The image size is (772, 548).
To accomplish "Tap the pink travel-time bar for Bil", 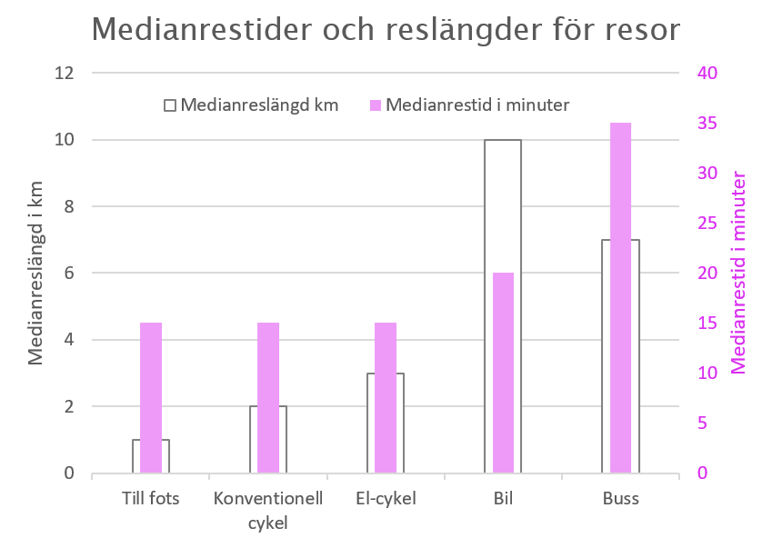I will click(503, 373).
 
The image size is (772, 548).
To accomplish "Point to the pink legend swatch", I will click(374, 105).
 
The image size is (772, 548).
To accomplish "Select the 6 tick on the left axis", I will click(68, 273).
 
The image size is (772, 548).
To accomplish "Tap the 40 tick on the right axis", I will click(707, 73).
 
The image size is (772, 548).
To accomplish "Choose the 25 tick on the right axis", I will click(707, 223).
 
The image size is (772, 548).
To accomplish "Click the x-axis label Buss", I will click(620, 499).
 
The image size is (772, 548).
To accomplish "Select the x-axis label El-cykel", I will click(386, 499).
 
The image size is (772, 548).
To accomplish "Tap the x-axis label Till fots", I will click(151, 499).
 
